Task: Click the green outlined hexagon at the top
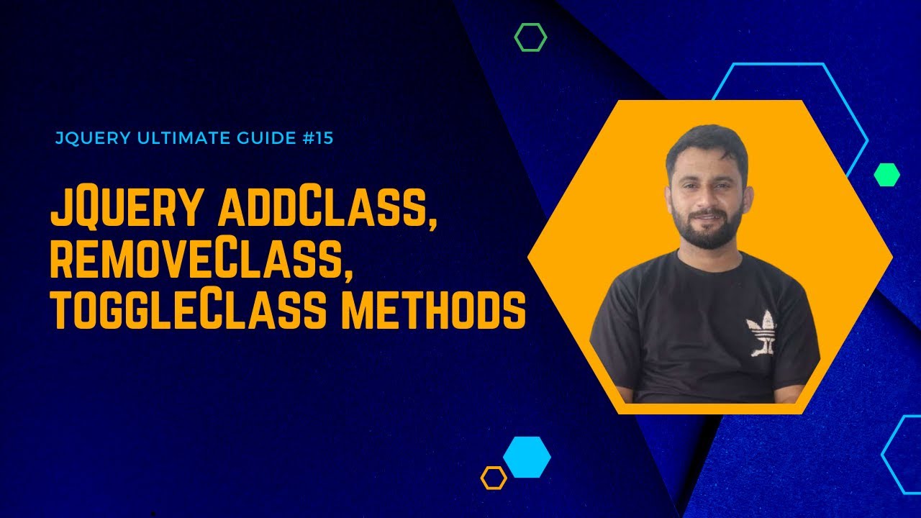click(x=530, y=37)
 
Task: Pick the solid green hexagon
click(x=886, y=175)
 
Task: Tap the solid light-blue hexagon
click(x=527, y=457)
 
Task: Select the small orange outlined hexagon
click(x=494, y=478)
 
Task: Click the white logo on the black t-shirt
click(x=762, y=333)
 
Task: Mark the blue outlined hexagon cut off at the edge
click(x=904, y=455)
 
